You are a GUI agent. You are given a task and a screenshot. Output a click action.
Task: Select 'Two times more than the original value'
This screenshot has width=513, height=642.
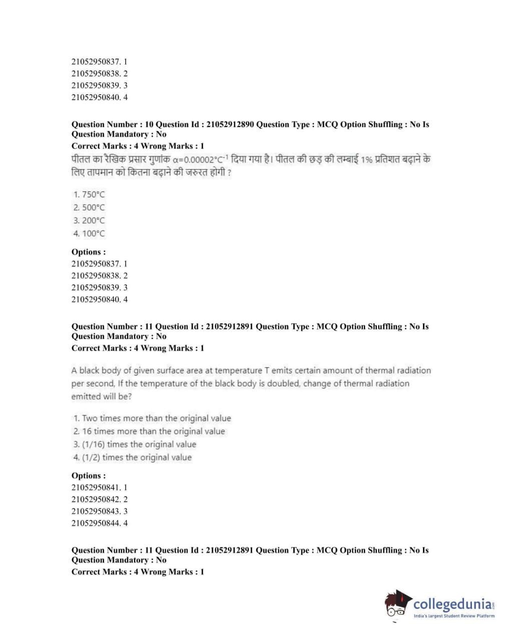coord(152,418)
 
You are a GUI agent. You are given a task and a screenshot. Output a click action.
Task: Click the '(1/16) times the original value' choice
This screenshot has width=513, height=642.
coord(135,444)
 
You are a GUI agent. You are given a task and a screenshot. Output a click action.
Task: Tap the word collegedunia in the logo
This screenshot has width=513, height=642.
coord(452,604)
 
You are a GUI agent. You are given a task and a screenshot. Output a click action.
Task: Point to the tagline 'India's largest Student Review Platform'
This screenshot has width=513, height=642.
coord(453,616)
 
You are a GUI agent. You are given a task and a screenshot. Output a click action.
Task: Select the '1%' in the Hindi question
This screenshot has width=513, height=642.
coord(366,160)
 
